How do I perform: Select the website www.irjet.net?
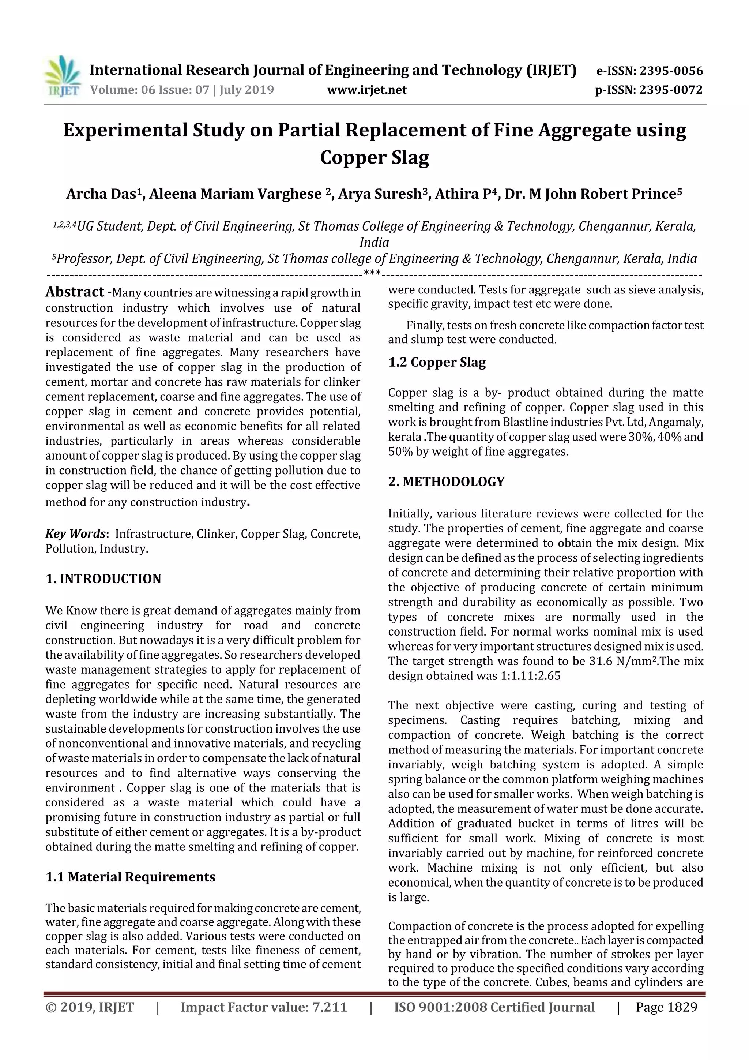(x=366, y=90)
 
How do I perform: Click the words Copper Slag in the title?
(x=374, y=157)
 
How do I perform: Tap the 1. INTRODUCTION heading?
(x=103, y=578)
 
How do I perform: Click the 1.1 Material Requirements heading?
(x=130, y=877)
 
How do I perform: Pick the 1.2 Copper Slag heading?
(x=437, y=362)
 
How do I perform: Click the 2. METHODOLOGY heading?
(x=446, y=482)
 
